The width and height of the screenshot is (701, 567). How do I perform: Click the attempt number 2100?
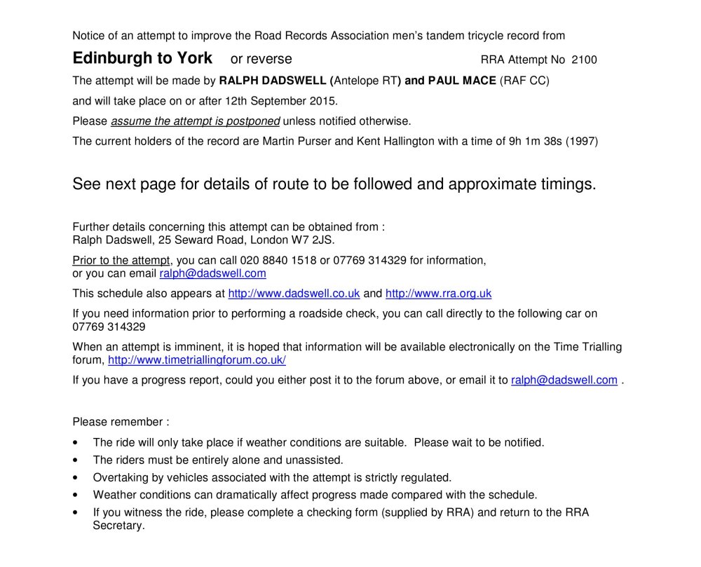[x=584, y=60]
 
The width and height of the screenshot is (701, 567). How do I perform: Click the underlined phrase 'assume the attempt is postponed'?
[x=196, y=121]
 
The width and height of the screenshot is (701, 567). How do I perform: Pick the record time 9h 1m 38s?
[x=535, y=142]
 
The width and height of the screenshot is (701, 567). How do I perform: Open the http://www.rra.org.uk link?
[x=439, y=294]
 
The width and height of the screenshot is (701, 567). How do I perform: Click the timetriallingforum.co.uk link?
[x=197, y=360]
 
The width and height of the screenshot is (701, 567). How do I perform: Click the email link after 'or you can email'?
[x=213, y=273]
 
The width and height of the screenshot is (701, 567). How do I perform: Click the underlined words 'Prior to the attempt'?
[x=121, y=261]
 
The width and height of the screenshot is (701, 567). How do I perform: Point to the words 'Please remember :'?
[x=121, y=422]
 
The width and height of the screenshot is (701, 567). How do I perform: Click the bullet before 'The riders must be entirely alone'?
[x=76, y=460]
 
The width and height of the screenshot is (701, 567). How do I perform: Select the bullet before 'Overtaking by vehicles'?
[x=76, y=478]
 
